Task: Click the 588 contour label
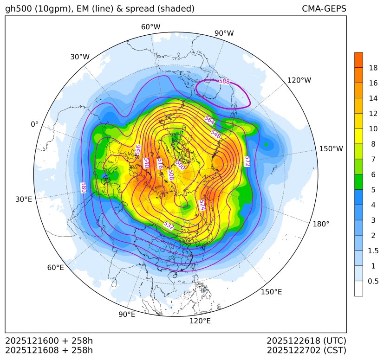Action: [x=224, y=82]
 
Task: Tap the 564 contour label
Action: [x=210, y=120]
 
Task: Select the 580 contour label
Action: [x=84, y=187]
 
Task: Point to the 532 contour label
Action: [x=169, y=225]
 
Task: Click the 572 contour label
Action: [x=247, y=161]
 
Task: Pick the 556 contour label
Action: [x=137, y=150]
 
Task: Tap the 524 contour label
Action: [x=202, y=205]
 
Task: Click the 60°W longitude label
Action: [x=150, y=27]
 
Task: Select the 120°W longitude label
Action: [x=299, y=80]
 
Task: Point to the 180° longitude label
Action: [x=321, y=224]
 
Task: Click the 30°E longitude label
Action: [x=24, y=199]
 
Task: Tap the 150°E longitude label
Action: [x=271, y=292]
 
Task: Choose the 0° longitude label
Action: [x=34, y=124]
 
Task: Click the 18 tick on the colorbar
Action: [x=373, y=68]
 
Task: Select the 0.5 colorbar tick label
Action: [x=373, y=281]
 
